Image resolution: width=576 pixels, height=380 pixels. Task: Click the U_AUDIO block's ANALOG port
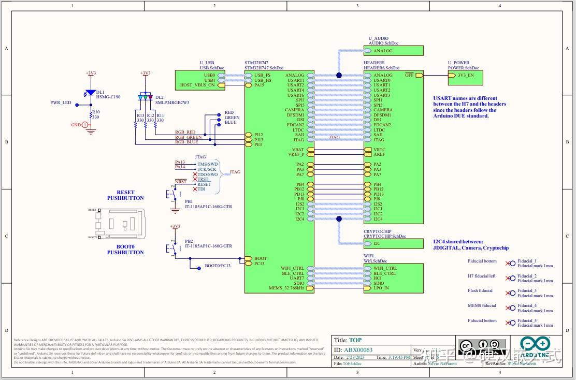click(x=383, y=51)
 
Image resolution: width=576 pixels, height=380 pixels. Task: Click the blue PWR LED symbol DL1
click(x=91, y=93)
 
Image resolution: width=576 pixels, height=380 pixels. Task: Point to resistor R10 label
click(x=95, y=112)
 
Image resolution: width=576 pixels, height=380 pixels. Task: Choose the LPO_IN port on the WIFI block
click(x=381, y=288)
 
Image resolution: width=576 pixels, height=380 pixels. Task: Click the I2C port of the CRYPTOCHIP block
click(x=377, y=243)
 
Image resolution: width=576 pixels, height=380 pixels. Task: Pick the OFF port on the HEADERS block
click(x=409, y=75)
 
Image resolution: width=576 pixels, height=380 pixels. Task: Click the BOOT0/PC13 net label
click(x=217, y=266)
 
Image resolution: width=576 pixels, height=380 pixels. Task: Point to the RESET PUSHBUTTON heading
click(x=125, y=195)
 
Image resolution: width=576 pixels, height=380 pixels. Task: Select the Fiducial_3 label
click(x=527, y=291)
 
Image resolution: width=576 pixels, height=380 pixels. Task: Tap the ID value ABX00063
click(x=358, y=350)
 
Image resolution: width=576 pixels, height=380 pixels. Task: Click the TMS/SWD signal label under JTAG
click(x=207, y=164)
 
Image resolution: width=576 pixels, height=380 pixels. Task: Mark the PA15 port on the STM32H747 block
click(x=259, y=85)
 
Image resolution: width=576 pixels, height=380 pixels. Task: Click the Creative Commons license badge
click(x=482, y=345)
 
